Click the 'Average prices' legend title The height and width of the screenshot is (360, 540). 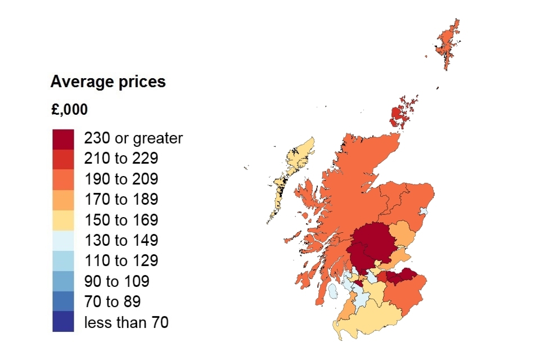(108, 82)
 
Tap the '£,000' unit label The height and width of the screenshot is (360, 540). (69, 110)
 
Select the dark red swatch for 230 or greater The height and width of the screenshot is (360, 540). (63, 138)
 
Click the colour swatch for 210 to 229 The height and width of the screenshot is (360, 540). (63, 159)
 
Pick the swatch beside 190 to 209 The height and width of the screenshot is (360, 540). (63, 179)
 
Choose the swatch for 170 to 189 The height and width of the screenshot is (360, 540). (63, 199)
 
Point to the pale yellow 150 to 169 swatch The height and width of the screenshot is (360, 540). (63, 220)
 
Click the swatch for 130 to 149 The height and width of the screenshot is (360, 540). (63, 240)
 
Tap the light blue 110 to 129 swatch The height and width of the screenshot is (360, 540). (63, 260)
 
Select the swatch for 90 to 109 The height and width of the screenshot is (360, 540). (63, 281)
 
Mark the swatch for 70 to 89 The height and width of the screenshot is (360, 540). (63, 301)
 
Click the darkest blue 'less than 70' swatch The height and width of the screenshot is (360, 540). (63, 322)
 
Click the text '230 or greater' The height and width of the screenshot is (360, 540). (133, 138)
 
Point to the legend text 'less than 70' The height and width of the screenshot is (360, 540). (126, 322)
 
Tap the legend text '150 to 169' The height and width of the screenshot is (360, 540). (121, 220)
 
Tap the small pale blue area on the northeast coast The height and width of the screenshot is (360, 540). (424, 212)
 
